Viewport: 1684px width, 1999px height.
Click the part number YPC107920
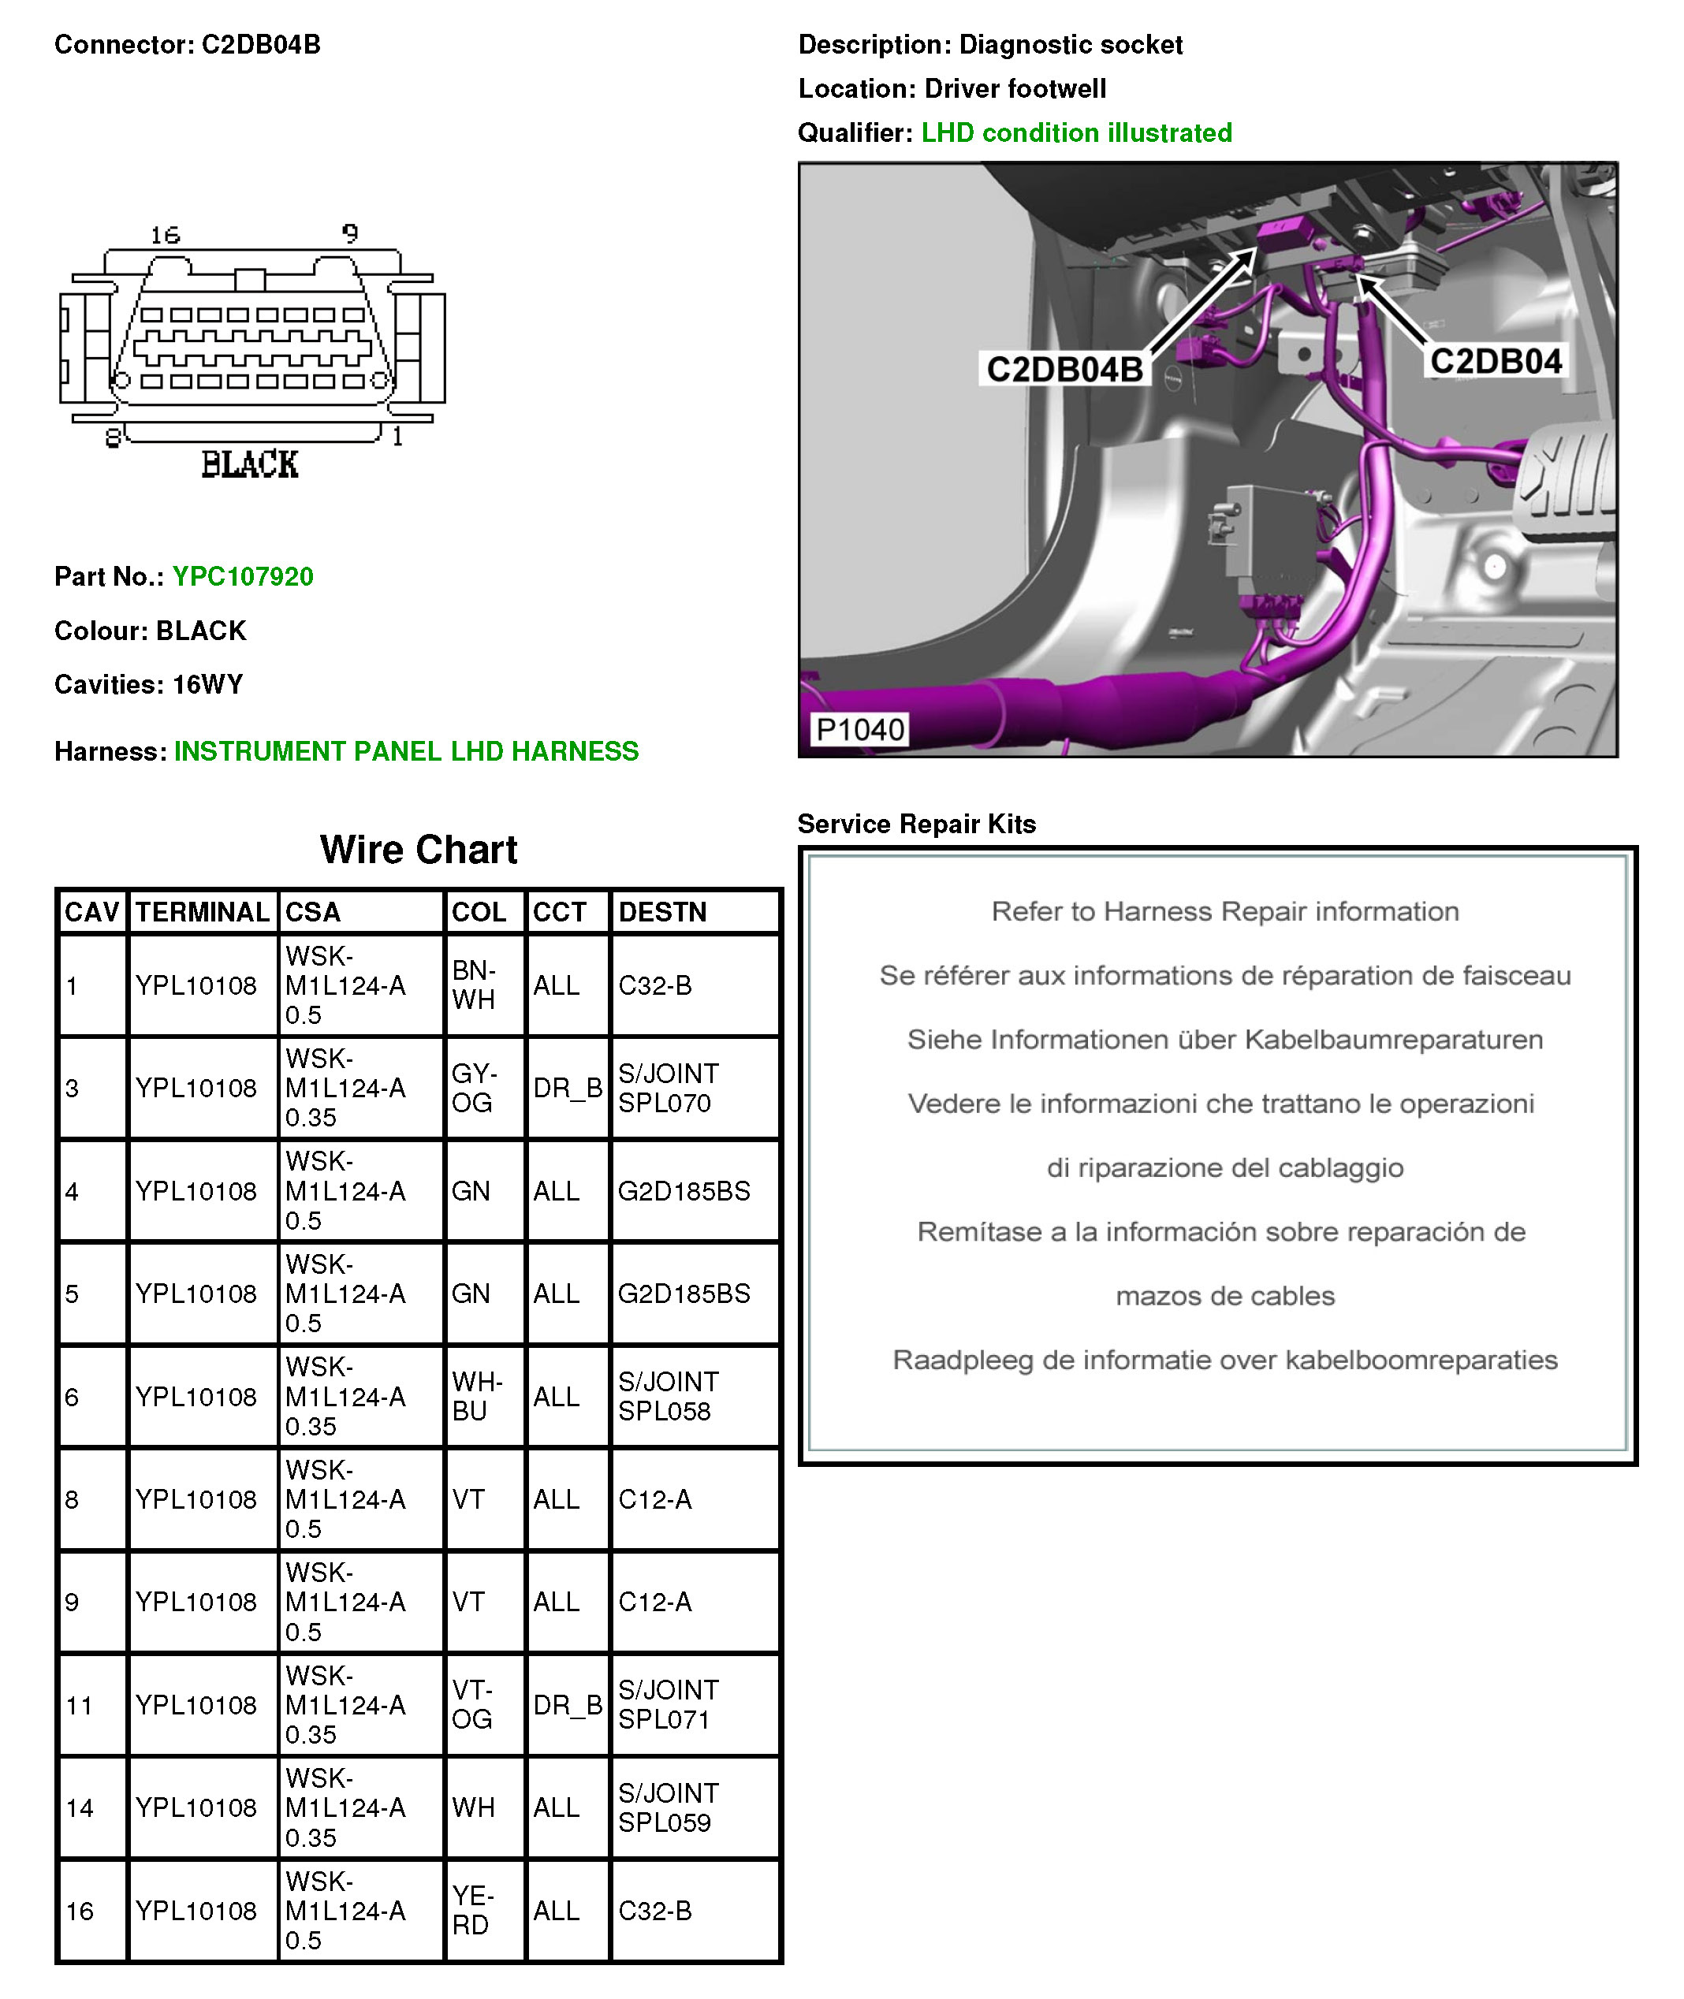pos(243,576)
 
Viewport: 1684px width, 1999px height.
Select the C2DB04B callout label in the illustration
pos(1064,370)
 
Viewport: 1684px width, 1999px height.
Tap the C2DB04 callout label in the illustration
pos(1495,361)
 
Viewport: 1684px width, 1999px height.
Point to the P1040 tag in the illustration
pos(859,729)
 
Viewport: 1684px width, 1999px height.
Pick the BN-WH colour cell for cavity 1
pos(475,985)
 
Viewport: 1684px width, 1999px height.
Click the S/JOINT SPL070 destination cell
pos(669,1089)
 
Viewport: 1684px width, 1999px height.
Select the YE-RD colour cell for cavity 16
pos(472,1910)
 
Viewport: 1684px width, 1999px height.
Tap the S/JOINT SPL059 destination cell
pos(669,1807)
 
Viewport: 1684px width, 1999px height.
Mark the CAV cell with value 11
pos(80,1705)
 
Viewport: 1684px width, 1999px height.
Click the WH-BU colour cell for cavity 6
pos(476,1397)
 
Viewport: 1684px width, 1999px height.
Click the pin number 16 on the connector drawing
pos(165,235)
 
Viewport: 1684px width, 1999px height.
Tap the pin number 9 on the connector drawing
pos(350,233)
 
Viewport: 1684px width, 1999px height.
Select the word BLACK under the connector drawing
pos(250,465)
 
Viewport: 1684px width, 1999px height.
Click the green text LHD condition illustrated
pos(1076,132)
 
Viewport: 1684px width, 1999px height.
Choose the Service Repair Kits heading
pos(916,824)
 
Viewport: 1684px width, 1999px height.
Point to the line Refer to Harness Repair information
pos(1225,912)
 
